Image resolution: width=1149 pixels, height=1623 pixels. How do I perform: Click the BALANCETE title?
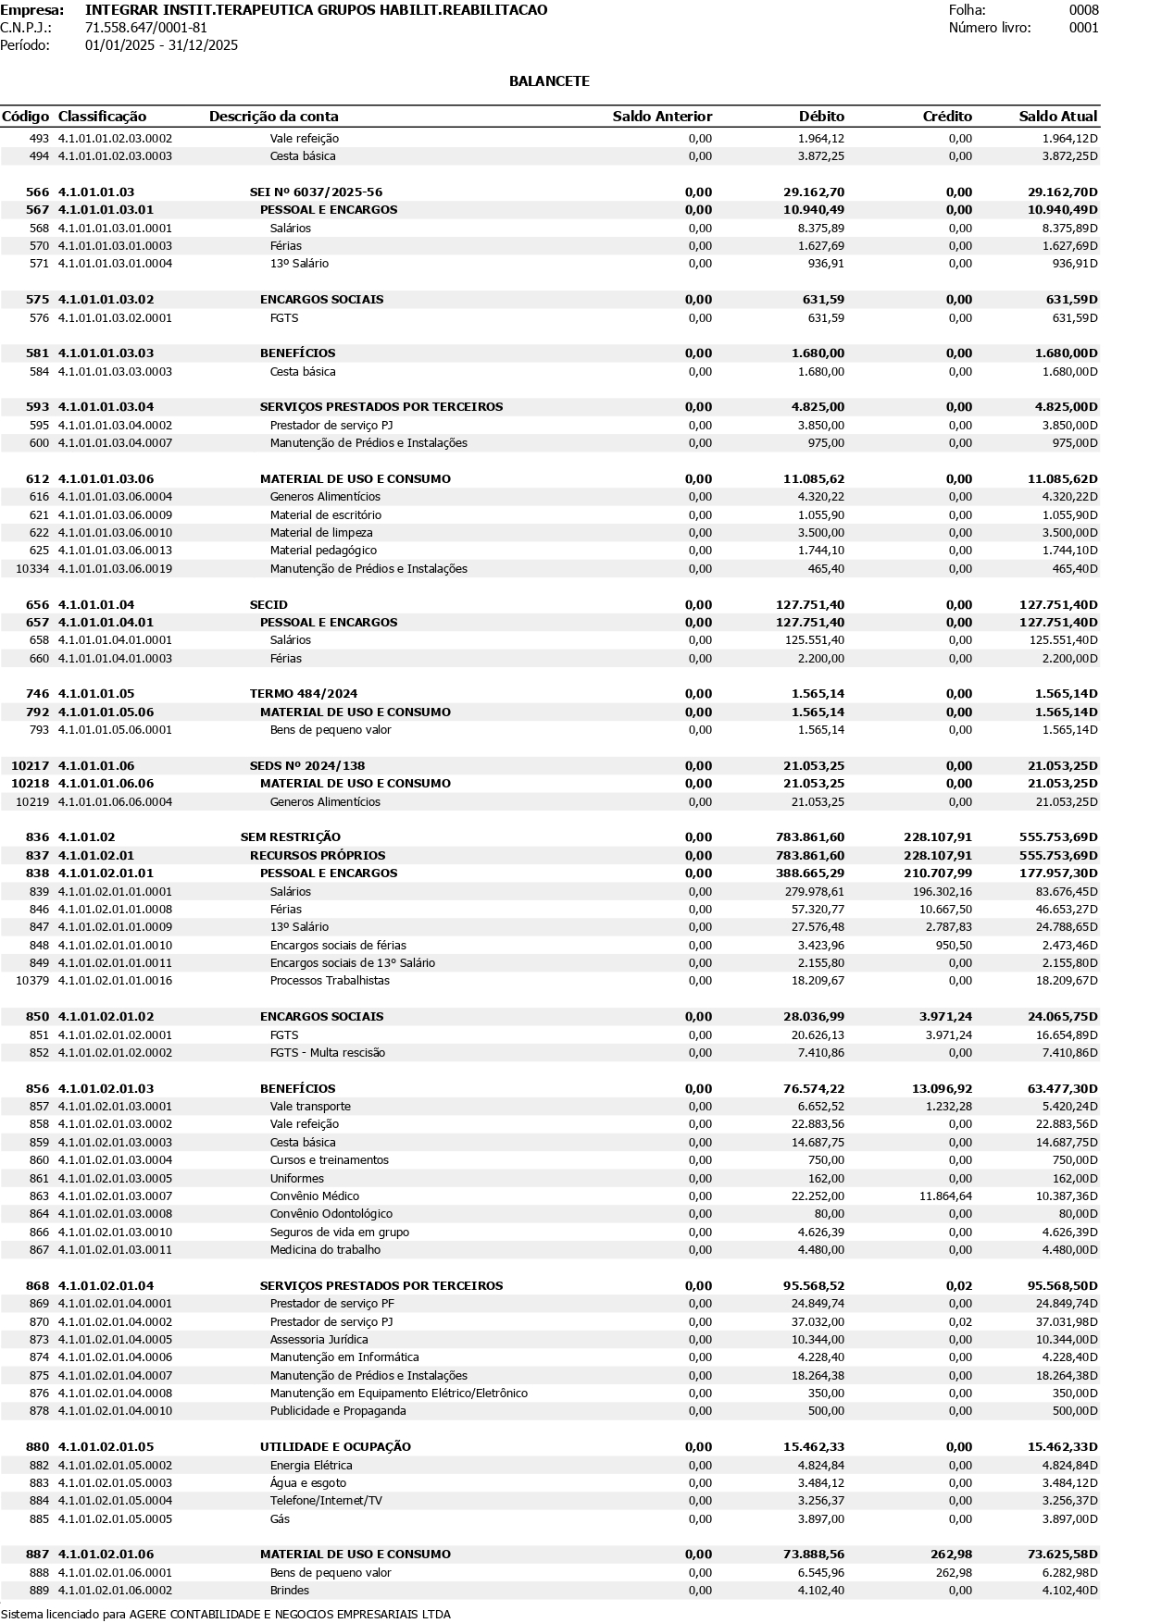[x=549, y=81]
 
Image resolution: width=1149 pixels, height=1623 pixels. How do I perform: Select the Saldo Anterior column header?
[x=662, y=117]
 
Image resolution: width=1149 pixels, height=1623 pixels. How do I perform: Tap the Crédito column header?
[x=947, y=117]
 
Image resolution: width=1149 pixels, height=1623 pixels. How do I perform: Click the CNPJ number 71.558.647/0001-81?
[x=146, y=28]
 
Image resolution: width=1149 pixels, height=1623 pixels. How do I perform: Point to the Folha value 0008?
[x=1083, y=10]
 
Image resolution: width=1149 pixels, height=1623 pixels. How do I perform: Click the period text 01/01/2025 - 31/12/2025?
[x=161, y=45]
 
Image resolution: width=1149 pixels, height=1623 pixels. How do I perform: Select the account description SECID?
[x=269, y=605]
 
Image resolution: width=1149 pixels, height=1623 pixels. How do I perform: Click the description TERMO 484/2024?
[x=304, y=694]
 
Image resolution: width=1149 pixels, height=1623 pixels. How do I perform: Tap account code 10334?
[x=32, y=569]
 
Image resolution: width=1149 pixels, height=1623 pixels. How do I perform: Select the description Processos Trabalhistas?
[x=330, y=981]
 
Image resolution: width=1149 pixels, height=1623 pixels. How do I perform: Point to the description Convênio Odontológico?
[x=331, y=1214]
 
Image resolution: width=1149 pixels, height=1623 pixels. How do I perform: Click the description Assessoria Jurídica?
[x=318, y=1340]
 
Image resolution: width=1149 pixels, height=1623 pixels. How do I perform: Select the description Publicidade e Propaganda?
[x=338, y=1411]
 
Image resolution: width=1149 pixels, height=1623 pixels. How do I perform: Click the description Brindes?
[x=290, y=1591]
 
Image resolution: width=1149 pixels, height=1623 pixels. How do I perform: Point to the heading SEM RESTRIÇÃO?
[x=290, y=837]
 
